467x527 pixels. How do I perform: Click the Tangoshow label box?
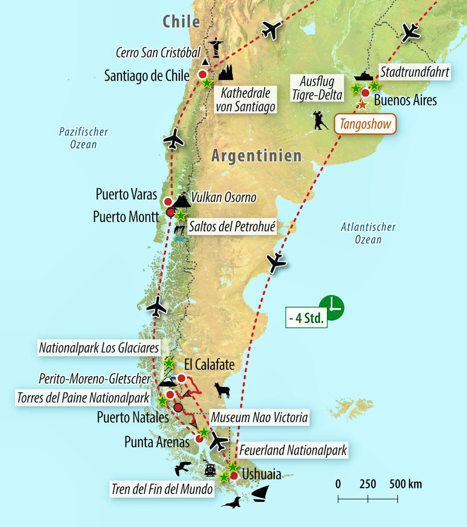pos(365,124)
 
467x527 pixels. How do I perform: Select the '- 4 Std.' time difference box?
pos(306,319)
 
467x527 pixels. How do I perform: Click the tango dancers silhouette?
pos(320,121)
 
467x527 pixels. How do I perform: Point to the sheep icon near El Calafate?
pos(222,390)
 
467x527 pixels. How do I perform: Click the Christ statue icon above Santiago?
pos(216,47)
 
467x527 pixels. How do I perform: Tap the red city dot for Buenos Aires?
pos(366,93)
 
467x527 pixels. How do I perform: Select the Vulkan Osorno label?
pos(224,197)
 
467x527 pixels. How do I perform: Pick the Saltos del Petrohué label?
pos(232,228)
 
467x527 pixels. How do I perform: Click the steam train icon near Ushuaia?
pos(210,470)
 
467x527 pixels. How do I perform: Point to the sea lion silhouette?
pos(231,503)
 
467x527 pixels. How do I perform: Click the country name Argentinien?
pos(256,156)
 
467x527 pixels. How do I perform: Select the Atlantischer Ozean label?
pos(368,233)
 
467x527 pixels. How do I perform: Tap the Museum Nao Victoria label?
pos(259,417)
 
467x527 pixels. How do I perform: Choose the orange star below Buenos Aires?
pos(362,104)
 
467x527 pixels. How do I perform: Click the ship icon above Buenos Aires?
pos(363,76)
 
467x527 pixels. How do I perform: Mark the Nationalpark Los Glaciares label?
pos(99,348)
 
